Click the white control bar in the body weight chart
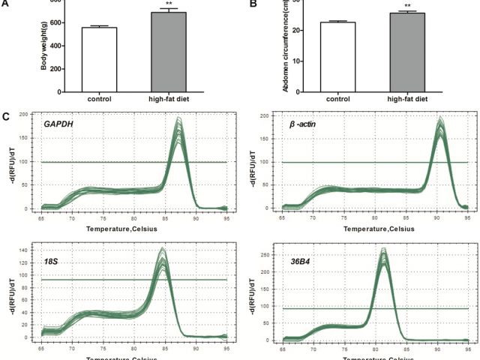100,59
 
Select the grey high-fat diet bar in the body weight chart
168,52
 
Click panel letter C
6,117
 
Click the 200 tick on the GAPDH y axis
31,115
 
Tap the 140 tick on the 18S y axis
31,248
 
